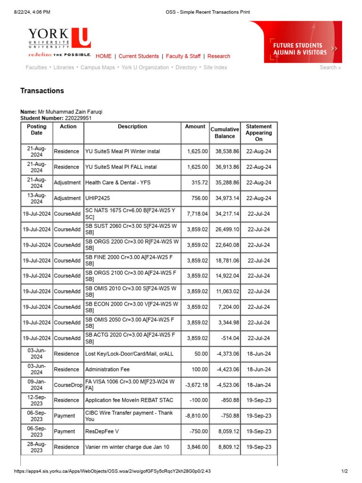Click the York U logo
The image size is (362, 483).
point(59,39)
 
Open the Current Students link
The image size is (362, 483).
point(139,56)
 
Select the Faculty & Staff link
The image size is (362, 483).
point(183,56)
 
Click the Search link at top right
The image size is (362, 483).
point(329,67)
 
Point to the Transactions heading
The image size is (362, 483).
point(42,91)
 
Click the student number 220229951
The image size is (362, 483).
point(78,118)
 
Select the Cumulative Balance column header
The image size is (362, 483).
point(225,133)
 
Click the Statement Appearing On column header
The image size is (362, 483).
point(259,133)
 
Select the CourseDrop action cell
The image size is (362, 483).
point(68,385)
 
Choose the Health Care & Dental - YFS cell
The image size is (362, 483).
point(118,183)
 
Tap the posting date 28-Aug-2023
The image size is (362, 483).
point(37,447)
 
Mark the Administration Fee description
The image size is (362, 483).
point(107,369)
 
